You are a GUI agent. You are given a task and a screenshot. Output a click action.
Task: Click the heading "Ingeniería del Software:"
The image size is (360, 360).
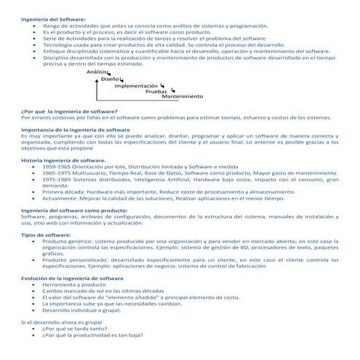53,19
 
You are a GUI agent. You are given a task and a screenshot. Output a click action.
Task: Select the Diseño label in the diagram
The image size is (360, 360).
111,79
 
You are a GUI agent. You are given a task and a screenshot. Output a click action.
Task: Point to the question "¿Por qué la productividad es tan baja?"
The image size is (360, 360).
92,335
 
